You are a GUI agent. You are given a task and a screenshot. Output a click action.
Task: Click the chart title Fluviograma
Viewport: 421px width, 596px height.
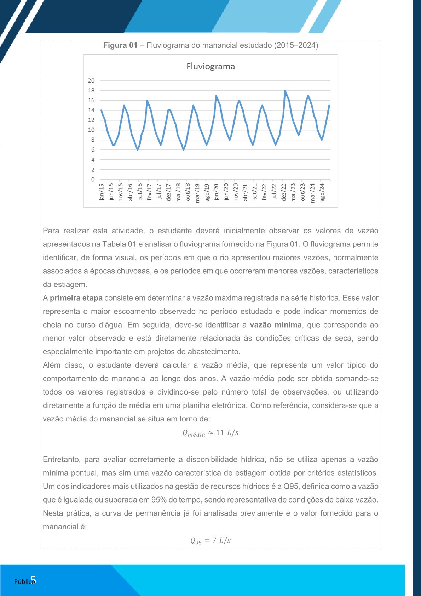click(x=210, y=67)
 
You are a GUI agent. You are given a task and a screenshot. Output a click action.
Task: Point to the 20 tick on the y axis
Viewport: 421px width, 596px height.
click(x=92, y=81)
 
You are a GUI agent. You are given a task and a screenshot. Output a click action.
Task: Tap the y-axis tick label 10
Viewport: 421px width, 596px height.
click(x=92, y=130)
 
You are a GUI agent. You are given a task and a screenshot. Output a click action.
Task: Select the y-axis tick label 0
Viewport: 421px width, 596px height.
click(x=93, y=180)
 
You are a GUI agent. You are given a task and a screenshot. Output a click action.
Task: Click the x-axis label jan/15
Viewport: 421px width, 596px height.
click(x=102, y=192)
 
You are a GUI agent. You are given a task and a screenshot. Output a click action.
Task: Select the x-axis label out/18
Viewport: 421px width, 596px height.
click(x=188, y=192)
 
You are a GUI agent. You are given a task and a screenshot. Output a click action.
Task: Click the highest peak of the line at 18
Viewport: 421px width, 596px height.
click(x=285, y=91)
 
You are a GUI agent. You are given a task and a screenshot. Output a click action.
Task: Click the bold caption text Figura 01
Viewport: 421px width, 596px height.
click(x=120, y=45)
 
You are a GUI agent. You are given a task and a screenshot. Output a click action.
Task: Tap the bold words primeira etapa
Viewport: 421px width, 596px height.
click(x=76, y=298)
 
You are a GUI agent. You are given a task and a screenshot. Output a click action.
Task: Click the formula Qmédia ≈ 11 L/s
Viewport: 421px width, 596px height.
click(x=210, y=433)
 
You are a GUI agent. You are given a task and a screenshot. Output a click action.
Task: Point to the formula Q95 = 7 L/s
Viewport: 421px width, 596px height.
click(x=210, y=540)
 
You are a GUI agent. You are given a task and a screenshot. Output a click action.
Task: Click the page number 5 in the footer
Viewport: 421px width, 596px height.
click(x=33, y=580)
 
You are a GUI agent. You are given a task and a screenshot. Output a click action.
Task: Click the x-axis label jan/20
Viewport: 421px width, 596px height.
click(x=217, y=192)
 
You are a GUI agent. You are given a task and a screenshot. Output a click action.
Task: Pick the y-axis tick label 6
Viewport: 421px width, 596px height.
click(x=93, y=150)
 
